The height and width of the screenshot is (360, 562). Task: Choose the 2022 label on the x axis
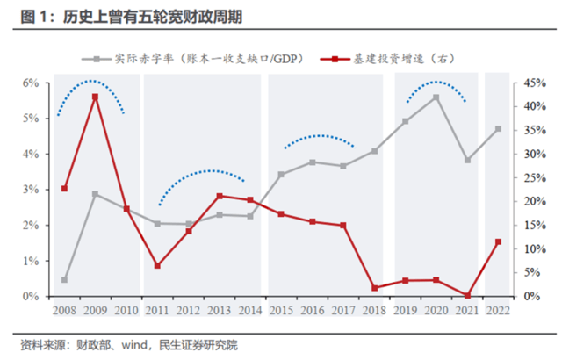[498, 309]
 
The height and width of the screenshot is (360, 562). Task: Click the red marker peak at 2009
[96, 97]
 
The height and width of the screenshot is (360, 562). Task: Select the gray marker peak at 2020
[436, 97]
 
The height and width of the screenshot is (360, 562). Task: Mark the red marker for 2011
[157, 265]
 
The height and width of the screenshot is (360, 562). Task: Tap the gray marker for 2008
[65, 280]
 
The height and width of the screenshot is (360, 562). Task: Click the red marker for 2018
[374, 288]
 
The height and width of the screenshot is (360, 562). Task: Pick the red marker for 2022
[498, 241]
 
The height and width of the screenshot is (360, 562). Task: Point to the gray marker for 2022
[498, 129]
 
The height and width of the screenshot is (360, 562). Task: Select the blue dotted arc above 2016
[318, 136]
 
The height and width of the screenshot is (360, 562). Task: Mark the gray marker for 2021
[467, 161]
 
